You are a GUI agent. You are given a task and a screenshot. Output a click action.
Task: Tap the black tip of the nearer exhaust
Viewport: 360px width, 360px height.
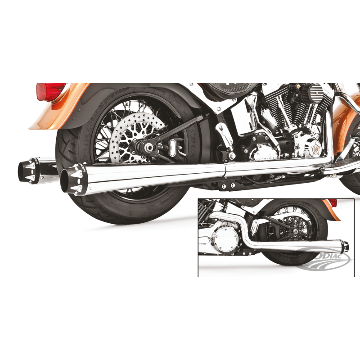click(72, 179)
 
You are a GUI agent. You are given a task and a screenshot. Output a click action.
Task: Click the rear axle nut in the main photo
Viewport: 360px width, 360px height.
click(147, 147)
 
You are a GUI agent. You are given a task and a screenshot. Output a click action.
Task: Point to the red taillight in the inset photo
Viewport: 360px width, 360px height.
click(332, 203)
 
